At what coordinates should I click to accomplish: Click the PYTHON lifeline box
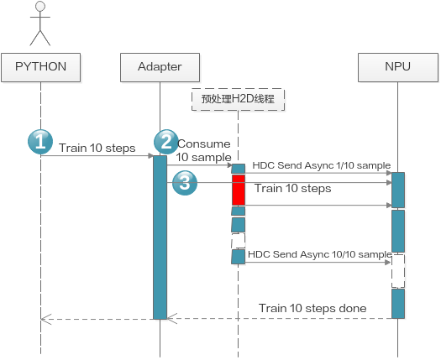pos(41,67)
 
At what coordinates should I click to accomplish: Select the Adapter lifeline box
pos(160,67)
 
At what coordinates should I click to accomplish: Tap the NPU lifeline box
pos(398,67)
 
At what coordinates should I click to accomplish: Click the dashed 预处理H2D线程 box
pos(238,100)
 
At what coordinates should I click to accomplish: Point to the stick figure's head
pos(40,6)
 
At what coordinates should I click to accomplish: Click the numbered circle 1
pos(40,142)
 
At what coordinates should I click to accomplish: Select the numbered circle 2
pos(166,142)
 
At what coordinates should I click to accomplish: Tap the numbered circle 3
pos(185,183)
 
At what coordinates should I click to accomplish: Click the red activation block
pos(239,190)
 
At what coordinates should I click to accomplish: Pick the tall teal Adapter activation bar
pos(160,237)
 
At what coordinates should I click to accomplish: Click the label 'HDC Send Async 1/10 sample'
pos(322,165)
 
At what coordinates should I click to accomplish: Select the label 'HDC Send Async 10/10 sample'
pos(320,254)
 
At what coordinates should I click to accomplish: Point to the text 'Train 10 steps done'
pos(312,308)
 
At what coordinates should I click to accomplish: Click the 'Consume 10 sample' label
pos(204,151)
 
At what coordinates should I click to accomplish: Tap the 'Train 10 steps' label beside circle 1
pos(97,148)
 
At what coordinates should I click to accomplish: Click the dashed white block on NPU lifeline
pos(398,271)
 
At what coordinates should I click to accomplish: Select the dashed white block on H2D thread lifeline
pos(239,241)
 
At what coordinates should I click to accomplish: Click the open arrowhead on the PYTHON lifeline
pos(46,319)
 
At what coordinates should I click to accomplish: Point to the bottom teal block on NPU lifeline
pos(398,304)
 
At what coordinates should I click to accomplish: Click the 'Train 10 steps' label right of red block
pos(293,188)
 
